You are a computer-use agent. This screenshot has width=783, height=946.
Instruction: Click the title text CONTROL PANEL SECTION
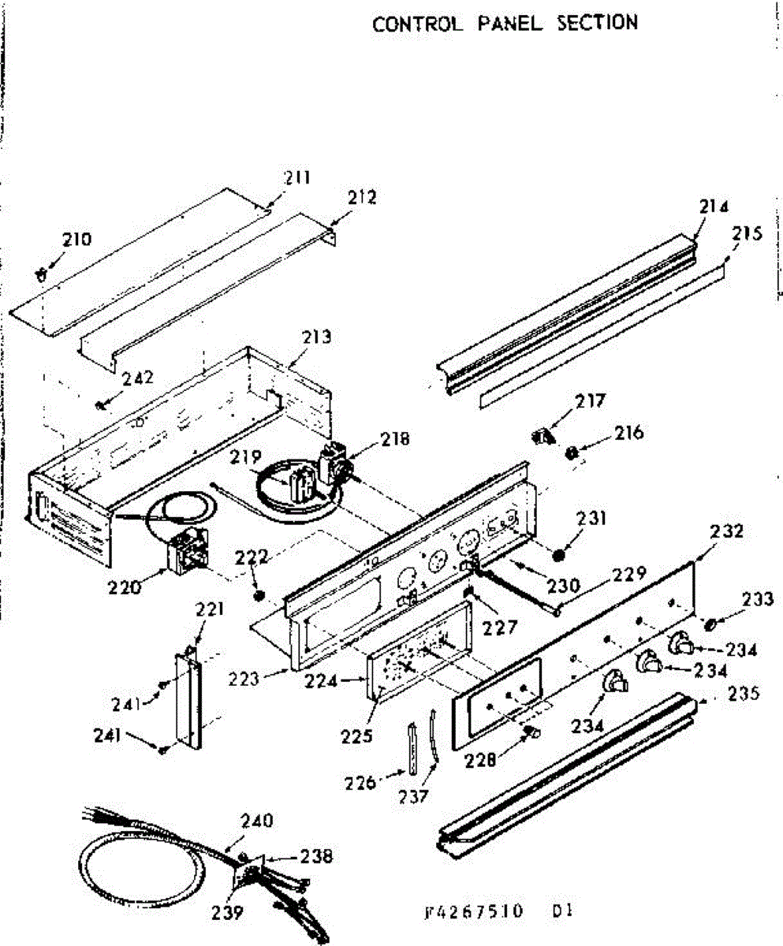tap(505, 23)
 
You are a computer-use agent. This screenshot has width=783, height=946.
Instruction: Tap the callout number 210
tap(77, 239)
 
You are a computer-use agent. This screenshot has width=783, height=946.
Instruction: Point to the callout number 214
tap(712, 207)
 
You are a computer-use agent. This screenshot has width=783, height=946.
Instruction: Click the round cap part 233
tap(710, 624)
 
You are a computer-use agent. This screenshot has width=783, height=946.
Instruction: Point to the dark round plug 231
tap(559, 555)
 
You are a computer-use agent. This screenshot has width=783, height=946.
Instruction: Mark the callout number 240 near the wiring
tap(256, 821)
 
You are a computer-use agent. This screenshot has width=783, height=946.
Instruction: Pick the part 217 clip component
tap(542, 434)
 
